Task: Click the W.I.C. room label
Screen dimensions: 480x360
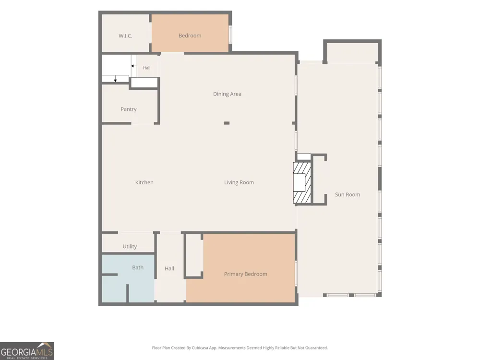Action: tap(125, 36)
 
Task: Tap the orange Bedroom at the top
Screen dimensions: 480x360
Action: tap(190, 33)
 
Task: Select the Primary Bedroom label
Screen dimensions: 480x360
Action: tap(245, 274)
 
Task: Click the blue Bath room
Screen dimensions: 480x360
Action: tap(128, 278)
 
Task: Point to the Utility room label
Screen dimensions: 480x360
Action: tap(130, 246)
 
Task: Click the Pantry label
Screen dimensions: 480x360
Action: tap(129, 109)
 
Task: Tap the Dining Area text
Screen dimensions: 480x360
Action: tap(227, 94)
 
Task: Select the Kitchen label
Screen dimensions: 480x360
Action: tap(144, 182)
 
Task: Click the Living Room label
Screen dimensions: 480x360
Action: tap(239, 182)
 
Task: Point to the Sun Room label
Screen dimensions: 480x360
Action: tap(348, 195)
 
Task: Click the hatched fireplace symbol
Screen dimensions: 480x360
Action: tap(302, 183)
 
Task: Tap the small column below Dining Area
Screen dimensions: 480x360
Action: tap(227, 123)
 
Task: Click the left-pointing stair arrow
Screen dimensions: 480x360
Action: tap(134, 66)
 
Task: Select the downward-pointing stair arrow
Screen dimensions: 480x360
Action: tap(115, 79)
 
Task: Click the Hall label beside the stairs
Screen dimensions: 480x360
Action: tap(146, 68)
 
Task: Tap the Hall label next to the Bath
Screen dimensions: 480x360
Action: tap(169, 268)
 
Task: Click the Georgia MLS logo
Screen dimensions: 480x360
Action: tap(27, 351)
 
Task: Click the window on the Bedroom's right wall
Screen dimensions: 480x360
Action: tap(230, 35)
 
